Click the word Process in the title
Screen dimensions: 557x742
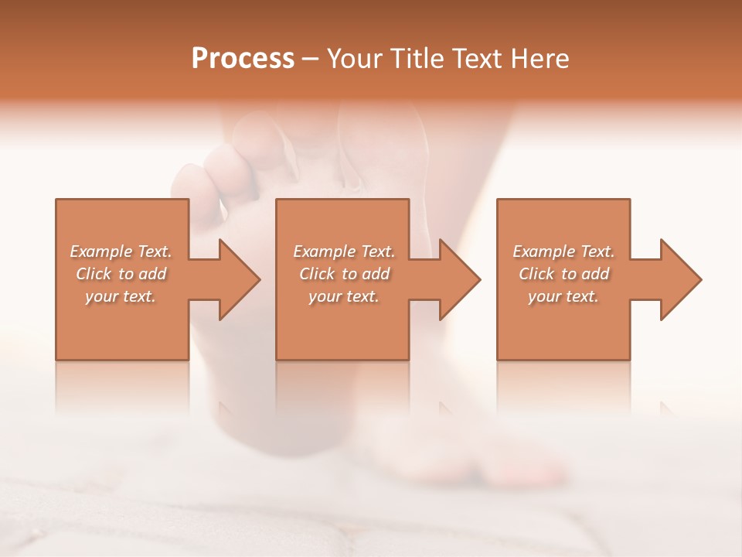[243, 59]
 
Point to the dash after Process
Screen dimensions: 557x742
[311, 60]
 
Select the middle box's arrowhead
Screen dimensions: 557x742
[461, 279]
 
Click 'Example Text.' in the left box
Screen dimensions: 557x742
[121, 251]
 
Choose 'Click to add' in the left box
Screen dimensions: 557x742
[121, 274]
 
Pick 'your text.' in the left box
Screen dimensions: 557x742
[121, 296]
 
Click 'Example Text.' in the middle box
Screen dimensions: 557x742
[344, 251]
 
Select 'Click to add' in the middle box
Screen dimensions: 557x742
[344, 274]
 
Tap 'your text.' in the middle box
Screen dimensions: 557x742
[344, 296]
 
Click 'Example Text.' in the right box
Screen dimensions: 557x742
[563, 251]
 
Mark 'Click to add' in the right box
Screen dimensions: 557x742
[563, 274]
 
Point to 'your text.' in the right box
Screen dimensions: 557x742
[563, 296]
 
